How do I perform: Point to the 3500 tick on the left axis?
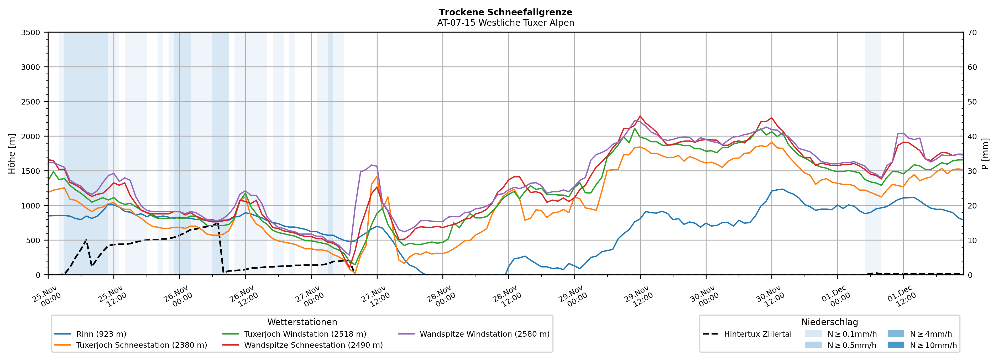[x=31, y=33]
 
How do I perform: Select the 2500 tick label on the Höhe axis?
[x=31, y=102]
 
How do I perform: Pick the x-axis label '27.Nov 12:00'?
[x=375, y=296]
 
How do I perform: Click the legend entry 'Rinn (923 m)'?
[x=101, y=334]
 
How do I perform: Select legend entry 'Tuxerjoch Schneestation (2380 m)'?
[x=142, y=345]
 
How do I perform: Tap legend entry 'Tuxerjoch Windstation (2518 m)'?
[x=305, y=334]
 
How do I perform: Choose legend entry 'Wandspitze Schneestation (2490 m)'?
[x=313, y=345]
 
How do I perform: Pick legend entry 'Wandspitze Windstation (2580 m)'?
[x=484, y=334]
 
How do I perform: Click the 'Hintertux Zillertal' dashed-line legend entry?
[x=757, y=334]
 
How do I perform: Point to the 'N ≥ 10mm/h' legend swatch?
[x=896, y=345]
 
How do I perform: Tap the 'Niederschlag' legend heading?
[x=829, y=322]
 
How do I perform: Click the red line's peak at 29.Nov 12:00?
[x=640, y=116]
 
